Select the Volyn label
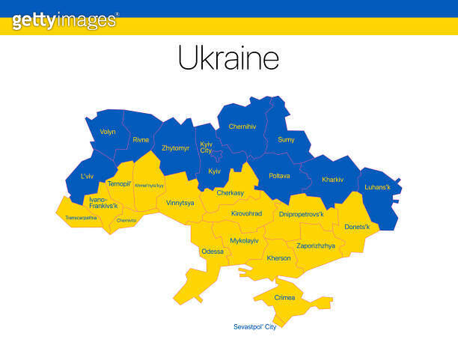point(108,132)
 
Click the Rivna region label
point(141,139)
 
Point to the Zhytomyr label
point(176,148)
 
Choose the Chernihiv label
point(242,126)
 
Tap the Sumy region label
point(286,139)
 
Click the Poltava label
point(279,176)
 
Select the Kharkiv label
point(332,180)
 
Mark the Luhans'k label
point(376,187)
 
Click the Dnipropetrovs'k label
point(301,214)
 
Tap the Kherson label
point(278,258)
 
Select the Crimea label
point(284,297)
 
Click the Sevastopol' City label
point(255,326)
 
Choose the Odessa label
point(213,251)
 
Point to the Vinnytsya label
point(180,203)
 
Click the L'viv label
point(88,177)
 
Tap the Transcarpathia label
point(76,218)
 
